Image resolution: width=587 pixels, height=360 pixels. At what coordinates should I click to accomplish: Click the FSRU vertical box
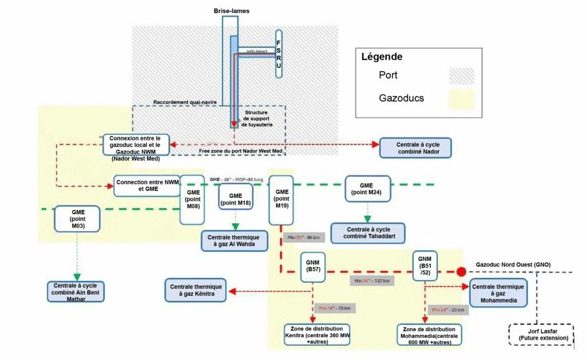click(x=279, y=53)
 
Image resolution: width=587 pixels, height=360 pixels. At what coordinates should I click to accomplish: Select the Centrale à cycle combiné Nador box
click(x=415, y=147)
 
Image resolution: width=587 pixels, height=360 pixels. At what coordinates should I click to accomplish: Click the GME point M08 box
click(x=193, y=199)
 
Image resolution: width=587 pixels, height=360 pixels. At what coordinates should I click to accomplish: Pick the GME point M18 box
click(x=236, y=198)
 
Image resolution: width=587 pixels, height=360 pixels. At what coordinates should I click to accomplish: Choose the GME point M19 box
click(x=281, y=199)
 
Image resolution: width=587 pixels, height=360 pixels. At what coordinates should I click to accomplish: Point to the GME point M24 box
click(x=366, y=189)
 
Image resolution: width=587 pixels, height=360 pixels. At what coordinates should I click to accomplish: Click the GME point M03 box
click(x=77, y=219)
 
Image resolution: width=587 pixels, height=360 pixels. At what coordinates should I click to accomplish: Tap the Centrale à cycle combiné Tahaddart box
click(x=367, y=233)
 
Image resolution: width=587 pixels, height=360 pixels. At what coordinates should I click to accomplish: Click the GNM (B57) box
click(x=314, y=266)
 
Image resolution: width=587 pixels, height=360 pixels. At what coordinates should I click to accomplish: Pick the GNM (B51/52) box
click(x=425, y=265)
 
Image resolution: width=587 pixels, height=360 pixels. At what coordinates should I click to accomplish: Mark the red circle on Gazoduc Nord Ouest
click(x=461, y=272)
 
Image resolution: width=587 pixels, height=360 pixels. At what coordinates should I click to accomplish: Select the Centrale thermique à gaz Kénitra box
click(x=196, y=290)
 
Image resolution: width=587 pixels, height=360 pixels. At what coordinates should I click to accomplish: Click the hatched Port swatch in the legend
click(x=461, y=76)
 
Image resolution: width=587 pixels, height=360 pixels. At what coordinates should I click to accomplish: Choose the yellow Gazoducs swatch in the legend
click(x=461, y=99)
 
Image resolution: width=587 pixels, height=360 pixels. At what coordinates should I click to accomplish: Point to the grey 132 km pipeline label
click(x=371, y=281)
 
